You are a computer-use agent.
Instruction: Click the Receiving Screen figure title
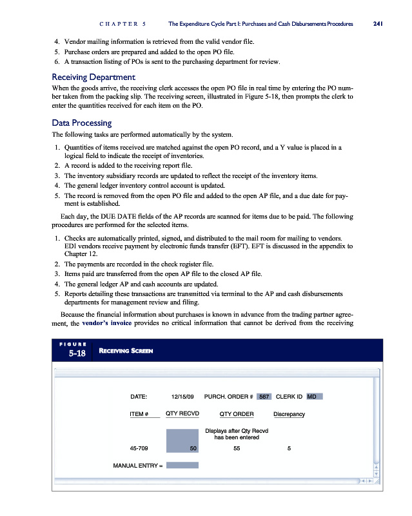126,350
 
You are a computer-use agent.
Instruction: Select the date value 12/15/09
183,397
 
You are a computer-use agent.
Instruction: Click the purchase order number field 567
263,397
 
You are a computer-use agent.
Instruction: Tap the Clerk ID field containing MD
313,397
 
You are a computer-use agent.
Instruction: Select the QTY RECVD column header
182,413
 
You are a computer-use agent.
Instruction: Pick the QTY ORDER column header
236,413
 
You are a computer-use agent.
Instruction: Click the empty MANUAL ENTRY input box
182,464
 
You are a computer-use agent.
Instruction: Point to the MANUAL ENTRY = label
138,464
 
